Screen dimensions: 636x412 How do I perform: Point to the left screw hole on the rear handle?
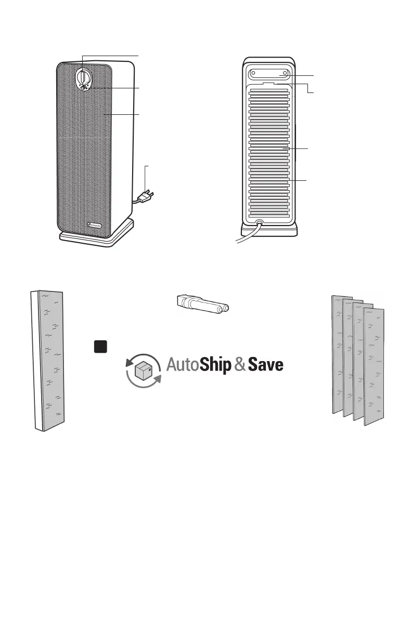click(253, 73)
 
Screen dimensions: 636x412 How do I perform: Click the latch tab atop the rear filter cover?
click(269, 83)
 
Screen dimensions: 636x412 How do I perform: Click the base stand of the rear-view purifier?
click(269, 232)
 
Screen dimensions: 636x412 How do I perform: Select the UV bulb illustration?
click(203, 306)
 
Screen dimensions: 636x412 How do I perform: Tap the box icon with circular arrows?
click(143, 370)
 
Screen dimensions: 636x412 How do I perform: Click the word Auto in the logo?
click(183, 365)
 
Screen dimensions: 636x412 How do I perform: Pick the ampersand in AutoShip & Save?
click(240, 365)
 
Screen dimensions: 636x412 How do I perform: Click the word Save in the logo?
click(266, 365)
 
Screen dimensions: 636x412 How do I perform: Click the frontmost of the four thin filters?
click(374, 364)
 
